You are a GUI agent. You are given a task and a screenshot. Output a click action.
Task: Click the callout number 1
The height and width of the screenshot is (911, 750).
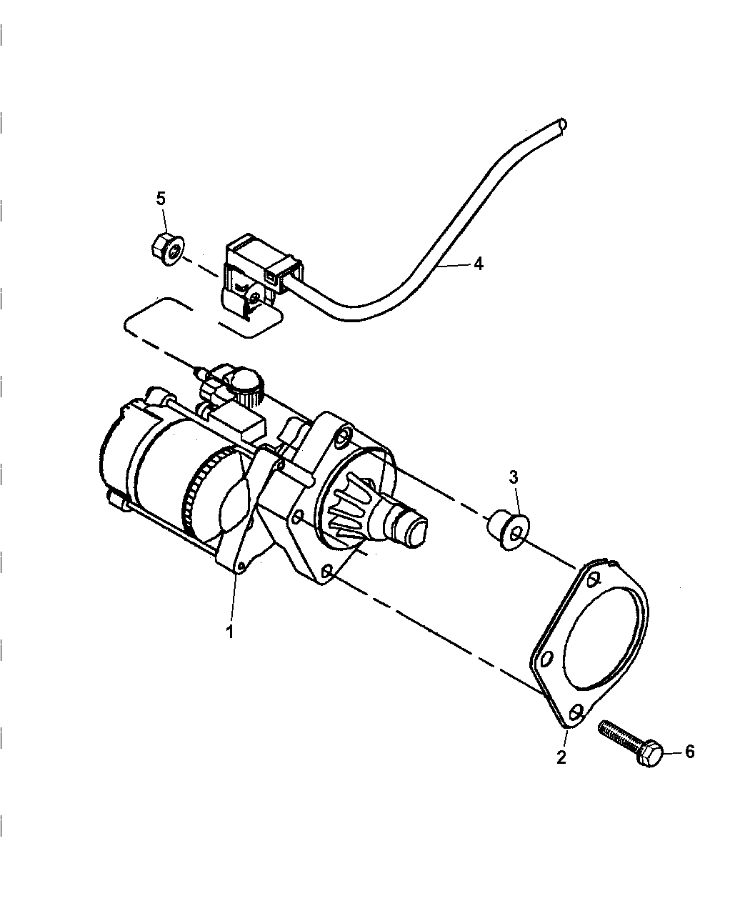[230, 632]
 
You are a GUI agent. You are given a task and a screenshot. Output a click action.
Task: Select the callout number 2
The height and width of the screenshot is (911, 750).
[561, 757]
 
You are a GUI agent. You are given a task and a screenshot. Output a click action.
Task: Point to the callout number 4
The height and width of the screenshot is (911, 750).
[478, 264]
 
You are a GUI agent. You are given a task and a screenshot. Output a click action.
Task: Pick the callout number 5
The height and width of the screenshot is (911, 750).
[161, 198]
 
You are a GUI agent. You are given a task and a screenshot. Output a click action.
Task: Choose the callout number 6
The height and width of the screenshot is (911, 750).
[689, 751]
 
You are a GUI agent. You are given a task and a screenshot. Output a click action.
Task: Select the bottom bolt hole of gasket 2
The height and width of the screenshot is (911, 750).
[577, 712]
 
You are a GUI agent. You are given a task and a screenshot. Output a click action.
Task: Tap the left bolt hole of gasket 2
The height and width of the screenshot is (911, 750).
[548, 657]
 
